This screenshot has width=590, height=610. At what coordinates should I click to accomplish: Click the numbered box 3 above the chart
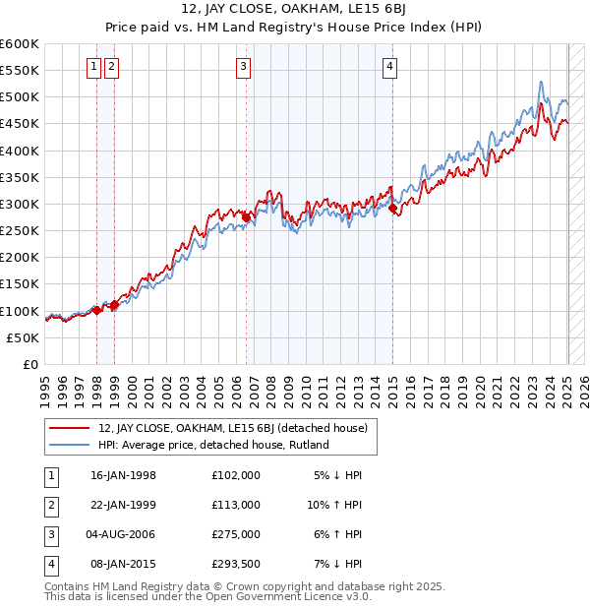point(243,67)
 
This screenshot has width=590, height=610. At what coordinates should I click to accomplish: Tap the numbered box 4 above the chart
point(390,67)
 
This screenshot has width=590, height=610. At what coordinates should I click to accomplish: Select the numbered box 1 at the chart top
point(93,67)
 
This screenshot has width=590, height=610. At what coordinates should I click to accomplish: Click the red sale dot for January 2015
point(393,209)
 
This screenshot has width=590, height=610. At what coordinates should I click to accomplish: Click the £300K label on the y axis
point(20,204)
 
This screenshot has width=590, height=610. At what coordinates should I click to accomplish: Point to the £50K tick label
point(24,337)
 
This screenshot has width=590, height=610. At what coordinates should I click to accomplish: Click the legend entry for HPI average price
point(212,445)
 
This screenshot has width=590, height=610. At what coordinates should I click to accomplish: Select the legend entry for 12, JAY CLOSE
point(232,428)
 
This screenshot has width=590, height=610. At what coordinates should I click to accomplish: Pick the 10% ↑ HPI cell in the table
point(334,504)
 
